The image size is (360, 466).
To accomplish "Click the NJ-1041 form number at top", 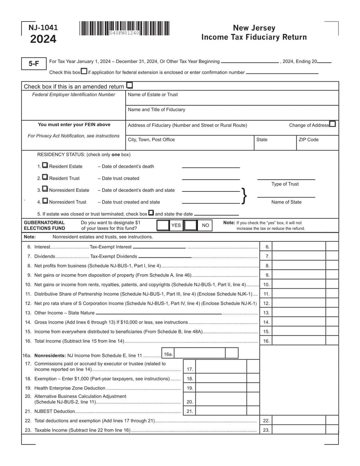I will (43, 27).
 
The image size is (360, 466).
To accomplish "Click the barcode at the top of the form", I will (125, 28).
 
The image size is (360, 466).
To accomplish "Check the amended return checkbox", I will (130, 85).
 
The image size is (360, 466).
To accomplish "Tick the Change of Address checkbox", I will (333, 124).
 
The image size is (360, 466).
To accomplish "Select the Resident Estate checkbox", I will (45, 166).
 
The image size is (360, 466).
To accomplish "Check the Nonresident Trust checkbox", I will (45, 201).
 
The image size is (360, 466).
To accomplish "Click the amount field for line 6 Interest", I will (299, 247).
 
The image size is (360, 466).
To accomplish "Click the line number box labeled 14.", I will (266, 322).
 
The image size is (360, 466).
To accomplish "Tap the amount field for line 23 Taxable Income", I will (299, 430).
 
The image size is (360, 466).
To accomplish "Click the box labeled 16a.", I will (168, 355).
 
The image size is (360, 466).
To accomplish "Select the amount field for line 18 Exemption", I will (221, 379).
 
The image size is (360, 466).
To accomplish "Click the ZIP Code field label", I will (308, 140).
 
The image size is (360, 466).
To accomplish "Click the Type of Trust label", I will (285, 184).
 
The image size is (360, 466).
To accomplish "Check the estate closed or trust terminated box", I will (151, 213).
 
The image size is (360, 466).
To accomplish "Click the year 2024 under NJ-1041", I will (43, 39).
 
